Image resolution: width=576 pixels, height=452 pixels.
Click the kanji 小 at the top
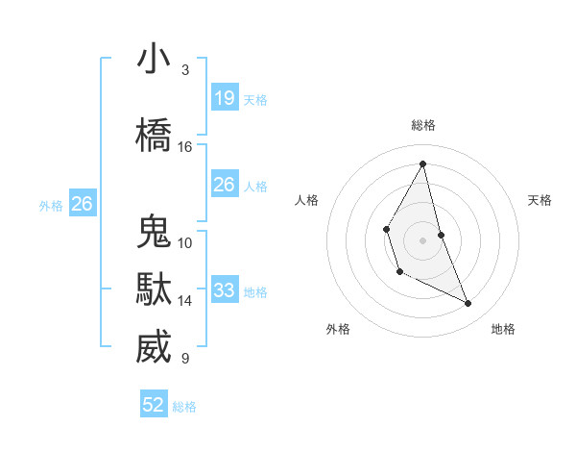pos(155,59)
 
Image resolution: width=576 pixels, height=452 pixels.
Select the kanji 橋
pos(155,135)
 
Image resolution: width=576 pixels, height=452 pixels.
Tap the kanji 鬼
pos(155,232)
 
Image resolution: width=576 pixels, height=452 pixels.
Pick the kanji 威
pos(155,347)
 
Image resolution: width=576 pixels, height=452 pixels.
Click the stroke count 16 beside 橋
pos(185,147)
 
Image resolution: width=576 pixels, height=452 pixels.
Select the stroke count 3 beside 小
pos(184,70)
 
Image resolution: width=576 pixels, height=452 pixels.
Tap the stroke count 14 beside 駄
pos(185,301)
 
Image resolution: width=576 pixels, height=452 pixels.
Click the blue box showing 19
pos(225,98)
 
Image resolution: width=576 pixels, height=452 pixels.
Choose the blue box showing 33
pos(225,290)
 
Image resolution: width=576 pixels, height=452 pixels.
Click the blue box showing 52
pos(155,406)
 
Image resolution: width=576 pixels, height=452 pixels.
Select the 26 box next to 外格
pos(83,204)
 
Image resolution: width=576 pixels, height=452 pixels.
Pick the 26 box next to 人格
pos(225,185)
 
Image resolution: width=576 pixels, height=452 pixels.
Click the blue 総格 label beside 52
pos(184,407)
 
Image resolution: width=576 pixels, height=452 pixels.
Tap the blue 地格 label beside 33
pos(255,291)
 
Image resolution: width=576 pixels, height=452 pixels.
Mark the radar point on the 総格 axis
pos(422,163)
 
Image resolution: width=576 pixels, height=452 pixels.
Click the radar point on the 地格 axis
pos(468,304)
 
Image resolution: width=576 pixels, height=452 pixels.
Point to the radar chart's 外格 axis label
pos(338,329)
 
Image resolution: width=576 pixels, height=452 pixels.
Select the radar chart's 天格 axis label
pos(540,200)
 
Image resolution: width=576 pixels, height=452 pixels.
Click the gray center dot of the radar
pos(422,239)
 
